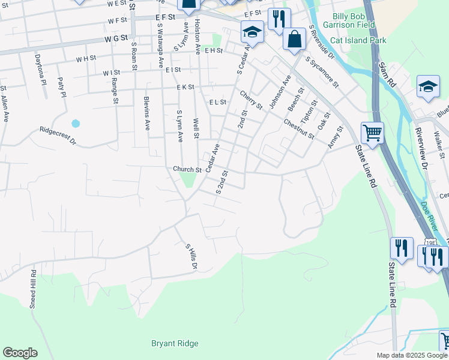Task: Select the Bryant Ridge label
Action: coord(175,344)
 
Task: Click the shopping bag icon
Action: coord(294,40)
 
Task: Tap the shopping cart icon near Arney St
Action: coord(372,133)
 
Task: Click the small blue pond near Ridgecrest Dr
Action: coord(76,124)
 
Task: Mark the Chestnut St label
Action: coord(299,128)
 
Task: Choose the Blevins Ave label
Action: coord(146,113)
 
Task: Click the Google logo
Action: coord(20,353)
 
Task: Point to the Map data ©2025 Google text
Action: coord(412,355)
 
